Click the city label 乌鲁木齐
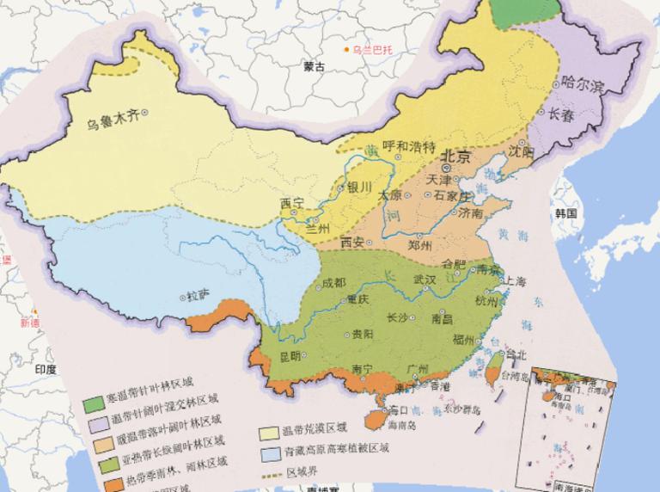click(x=112, y=119)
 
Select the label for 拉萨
click(x=198, y=295)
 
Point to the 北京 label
click(x=455, y=157)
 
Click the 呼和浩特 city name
click(x=409, y=145)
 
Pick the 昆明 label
click(x=290, y=355)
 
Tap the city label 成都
click(x=334, y=283)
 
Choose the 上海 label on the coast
click(x=516, y=280)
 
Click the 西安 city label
click(x=352, y=242)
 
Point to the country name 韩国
click(x=565, y=212)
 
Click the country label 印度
click(x=45, y=368)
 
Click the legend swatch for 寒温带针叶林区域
click(x=94, y=401)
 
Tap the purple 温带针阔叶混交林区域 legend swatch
click(x=94, y=421)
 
